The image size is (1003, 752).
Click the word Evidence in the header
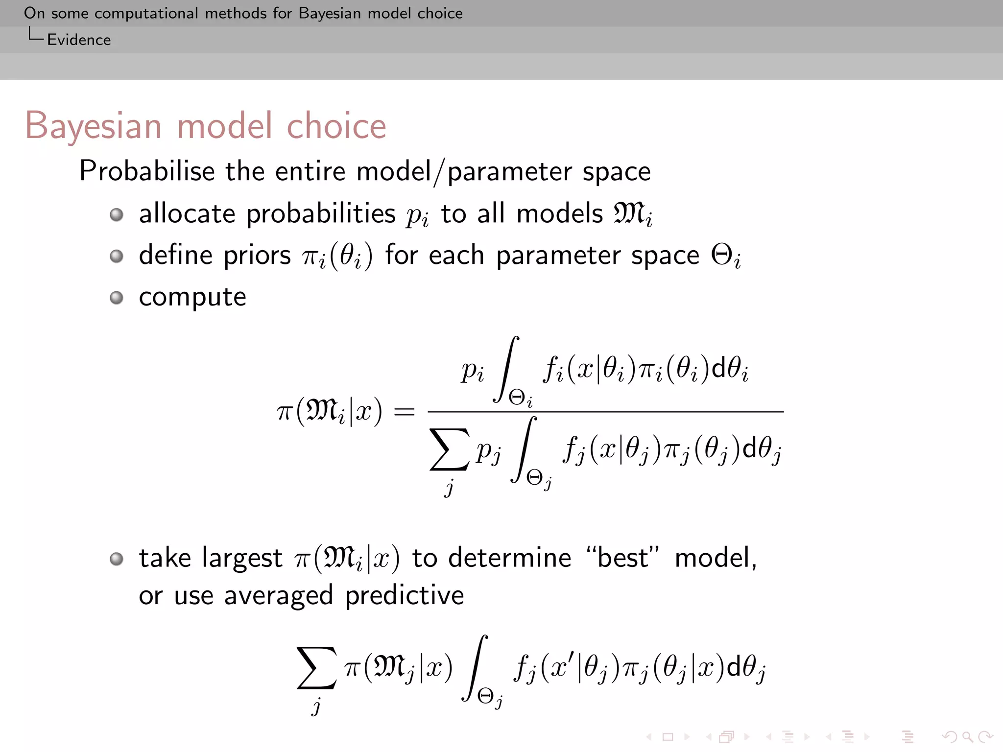[x=79, y=40]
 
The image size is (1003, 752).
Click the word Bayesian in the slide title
[x=93, y=126]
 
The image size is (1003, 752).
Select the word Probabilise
[x=147, y=171]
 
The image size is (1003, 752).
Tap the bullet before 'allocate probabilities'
[x=117, y=214]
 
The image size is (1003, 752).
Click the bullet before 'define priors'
[x=117, y=256]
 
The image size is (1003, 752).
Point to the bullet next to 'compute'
[x=117, y=298]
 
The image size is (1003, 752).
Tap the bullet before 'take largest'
[x=117, y=559]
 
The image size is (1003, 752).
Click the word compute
[x=192, y=297]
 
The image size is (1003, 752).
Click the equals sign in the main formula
[x=404, y=412]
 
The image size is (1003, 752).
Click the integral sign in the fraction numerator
[x=507, y=369]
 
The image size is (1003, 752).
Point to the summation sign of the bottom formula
[x=316, y=668]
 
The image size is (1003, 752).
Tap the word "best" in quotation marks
[x=623, y=558]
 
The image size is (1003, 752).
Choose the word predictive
[x=405, y=596]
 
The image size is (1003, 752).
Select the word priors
[x=257, y=256]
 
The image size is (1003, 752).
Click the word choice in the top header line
[x=440, y=13]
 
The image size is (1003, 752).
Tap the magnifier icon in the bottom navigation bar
[x=967, y=736]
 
